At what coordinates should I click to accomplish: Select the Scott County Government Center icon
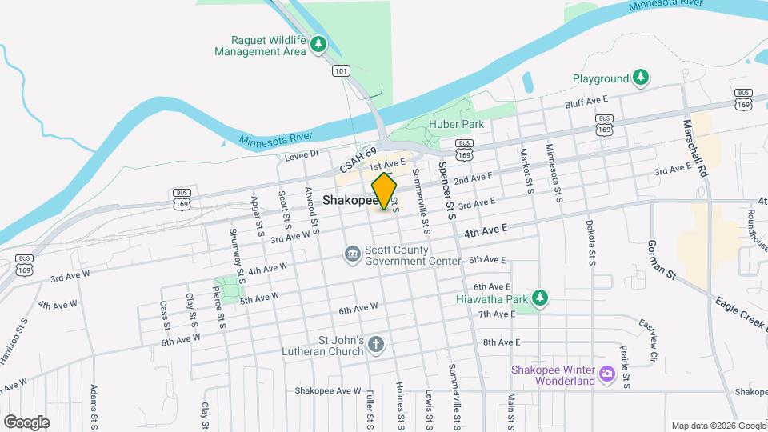[352, 254]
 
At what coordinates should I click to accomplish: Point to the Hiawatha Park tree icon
[541, 298]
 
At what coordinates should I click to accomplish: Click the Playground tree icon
[640, 78]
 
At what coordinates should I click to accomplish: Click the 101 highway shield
[342, 71]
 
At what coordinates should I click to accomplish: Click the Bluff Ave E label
[586, 100]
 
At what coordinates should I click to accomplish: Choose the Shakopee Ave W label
[329, 390]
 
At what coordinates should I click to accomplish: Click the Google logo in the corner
[27, 422]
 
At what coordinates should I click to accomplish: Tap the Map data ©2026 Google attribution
[718, 425]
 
